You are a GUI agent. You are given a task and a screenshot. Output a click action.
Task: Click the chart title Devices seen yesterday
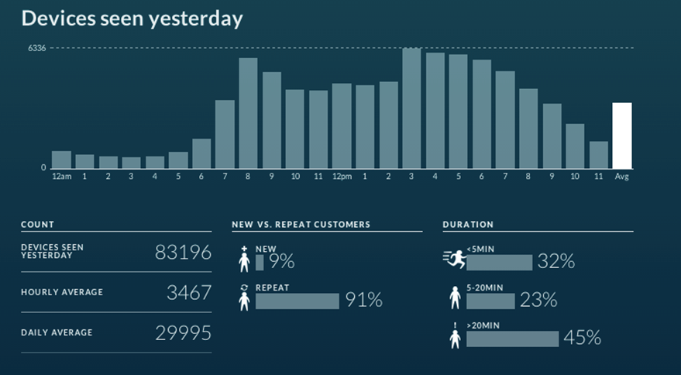click(x=132, y=19)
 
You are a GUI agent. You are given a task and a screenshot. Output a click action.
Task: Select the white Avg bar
click(x=621, y=136)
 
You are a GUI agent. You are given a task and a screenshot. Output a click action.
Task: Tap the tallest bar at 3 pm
click(x=411, y=108)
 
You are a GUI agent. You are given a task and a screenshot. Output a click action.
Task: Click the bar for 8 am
click(x=248, y=113)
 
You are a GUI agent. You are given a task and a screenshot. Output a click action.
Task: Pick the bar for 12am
click(x=61, y=160)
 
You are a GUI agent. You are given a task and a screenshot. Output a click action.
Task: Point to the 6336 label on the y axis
click(x=37, y=48)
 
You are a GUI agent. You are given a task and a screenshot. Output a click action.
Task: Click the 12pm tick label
click(x=342, y=177)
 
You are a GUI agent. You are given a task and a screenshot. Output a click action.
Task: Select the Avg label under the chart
click(x=621, y=177)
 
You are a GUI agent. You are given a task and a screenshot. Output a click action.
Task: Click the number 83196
click(x=183, y=253)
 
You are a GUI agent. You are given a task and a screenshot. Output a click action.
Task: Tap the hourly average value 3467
click(x=188, y=293)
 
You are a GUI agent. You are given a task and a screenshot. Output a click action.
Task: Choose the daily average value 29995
click(x=183, y=333)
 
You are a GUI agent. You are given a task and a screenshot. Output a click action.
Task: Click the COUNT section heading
click(x=37, y=225)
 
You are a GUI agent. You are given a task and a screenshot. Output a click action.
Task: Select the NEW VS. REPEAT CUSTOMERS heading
click(x=301, y=225)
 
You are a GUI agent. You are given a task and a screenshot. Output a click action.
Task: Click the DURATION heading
click(x=468, y=225)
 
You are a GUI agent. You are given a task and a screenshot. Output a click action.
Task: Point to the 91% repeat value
click(x=364, y=301)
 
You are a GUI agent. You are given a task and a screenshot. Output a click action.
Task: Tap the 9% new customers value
click(x=282, y=262)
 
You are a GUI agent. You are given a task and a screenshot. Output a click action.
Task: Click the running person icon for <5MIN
click(x=453, y=260)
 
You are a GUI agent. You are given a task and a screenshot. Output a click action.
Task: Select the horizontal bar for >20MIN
click(x=512, y=339)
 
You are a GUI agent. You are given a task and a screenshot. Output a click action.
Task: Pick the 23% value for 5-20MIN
click(x=538, y=301)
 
